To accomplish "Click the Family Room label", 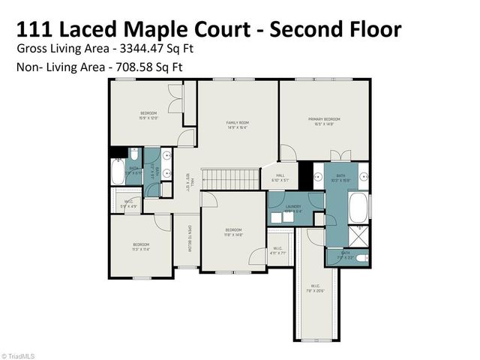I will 238,124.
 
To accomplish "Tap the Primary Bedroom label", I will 323,121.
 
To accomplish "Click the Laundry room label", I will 293,208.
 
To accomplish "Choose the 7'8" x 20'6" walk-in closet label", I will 316,289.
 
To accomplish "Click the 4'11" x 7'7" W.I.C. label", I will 277,251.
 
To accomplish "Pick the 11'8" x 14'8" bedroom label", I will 233,232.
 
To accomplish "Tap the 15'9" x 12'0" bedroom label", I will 148,115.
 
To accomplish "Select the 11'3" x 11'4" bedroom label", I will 141,247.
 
